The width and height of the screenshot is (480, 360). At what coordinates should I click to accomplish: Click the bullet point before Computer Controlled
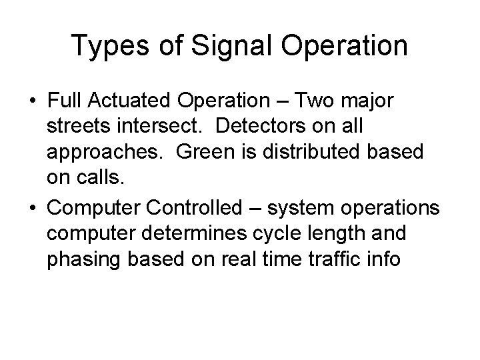tap(33, 208)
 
